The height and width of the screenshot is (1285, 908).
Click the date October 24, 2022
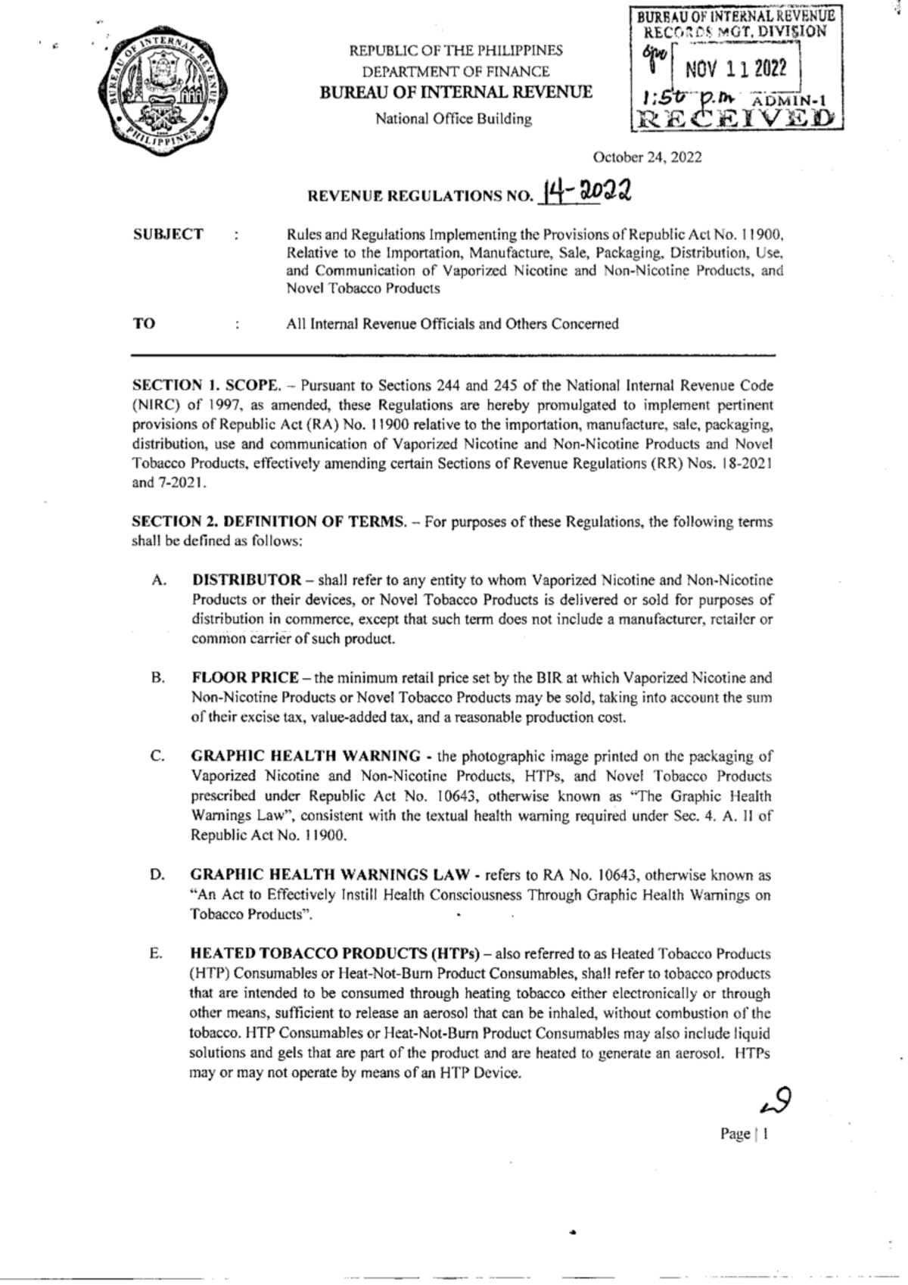pos(647,157)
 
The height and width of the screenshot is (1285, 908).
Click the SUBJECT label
pos(168,235)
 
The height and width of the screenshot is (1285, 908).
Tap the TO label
pos(144,324)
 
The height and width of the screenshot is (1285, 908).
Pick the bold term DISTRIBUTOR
pos(247,580)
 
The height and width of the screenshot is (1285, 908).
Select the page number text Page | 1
pos(745,1134)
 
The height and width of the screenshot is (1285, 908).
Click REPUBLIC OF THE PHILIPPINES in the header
pos(456,51)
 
